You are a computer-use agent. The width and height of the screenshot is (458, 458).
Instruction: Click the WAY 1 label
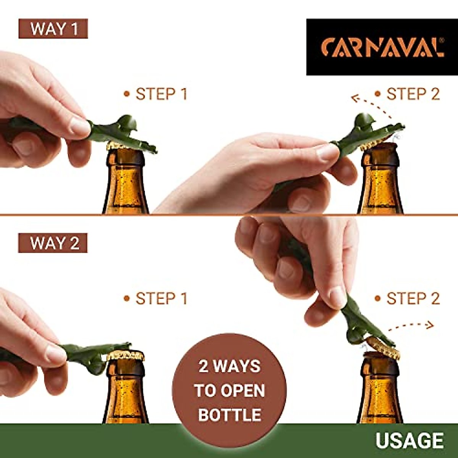[53, 29]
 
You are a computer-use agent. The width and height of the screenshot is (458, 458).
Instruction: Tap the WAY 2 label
[53, 243]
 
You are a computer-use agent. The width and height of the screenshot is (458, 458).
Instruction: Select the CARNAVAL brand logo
[382, 47]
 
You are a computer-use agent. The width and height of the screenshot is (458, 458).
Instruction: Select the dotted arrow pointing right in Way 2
[412, 325]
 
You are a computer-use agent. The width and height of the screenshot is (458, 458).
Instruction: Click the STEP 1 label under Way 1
[156, 94]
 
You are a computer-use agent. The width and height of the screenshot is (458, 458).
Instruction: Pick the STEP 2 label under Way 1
[408, 94]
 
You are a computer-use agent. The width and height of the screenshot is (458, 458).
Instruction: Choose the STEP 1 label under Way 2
[156, 299]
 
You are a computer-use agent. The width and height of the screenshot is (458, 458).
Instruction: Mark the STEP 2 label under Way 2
[408, 299]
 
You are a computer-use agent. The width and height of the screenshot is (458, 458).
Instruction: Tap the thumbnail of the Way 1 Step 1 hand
[81, 126]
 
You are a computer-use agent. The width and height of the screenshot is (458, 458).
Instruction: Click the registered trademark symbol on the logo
[442, 40]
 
